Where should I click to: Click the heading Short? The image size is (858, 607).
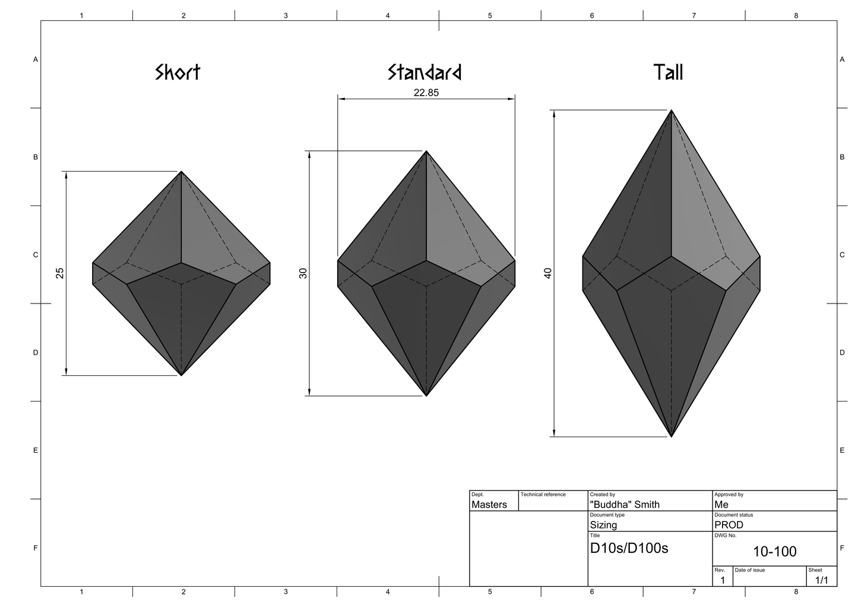coord(178,72)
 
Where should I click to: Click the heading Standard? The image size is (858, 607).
coord(425,72)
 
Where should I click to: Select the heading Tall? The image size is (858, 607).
coord(668,72)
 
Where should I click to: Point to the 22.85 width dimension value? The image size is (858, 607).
coord(426,93)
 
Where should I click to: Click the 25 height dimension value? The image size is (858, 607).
coord(60,273)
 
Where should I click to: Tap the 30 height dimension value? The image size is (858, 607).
coord(303,273)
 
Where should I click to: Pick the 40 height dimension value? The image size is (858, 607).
coord(547,273)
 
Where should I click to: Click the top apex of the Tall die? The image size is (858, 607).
coord(671,110)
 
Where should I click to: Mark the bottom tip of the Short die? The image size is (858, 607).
coord(181,375)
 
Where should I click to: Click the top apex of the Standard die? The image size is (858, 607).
coord(426,151)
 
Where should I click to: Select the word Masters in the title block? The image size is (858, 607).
coord(489,505)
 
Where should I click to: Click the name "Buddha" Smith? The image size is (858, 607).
coord(624,505)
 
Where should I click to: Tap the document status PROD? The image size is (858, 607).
coord(729,525)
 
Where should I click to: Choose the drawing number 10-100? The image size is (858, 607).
coord(774,552)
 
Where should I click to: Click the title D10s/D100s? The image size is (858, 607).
coord(629,548)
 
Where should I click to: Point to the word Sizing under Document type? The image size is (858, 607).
coord(603,525)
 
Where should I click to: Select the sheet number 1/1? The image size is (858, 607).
coord(821,580)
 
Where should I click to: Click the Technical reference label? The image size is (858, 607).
coord(543,494)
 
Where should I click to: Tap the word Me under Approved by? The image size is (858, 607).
coord(721,505)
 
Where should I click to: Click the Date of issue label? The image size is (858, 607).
coord(749,570)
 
